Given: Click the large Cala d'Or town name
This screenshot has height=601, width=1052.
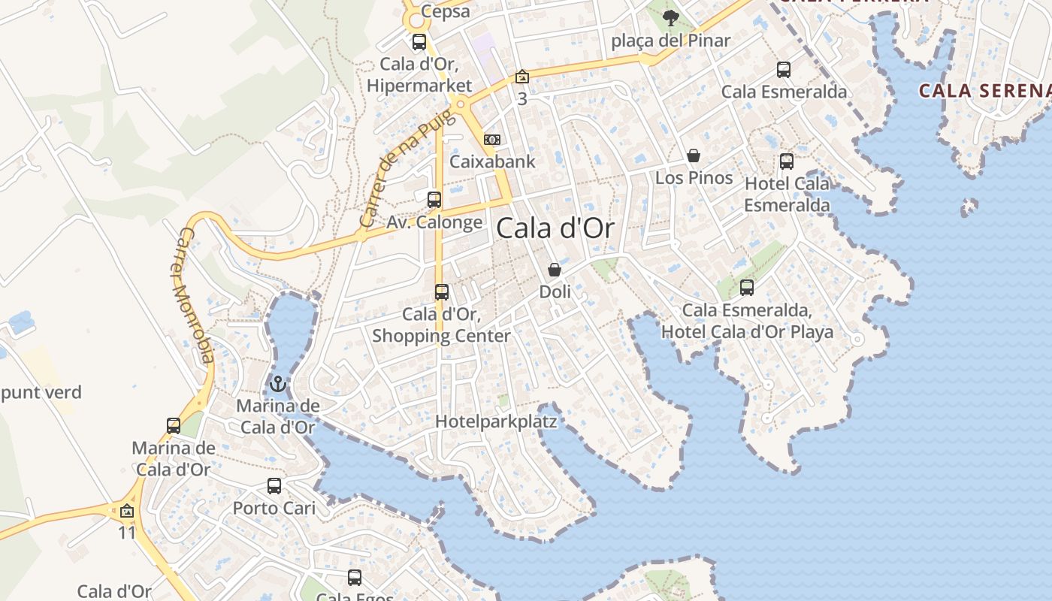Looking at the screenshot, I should (555, 228).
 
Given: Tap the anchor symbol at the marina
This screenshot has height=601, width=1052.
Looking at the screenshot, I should (279, 384).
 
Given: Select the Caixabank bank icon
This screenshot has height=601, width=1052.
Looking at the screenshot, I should (492, 140).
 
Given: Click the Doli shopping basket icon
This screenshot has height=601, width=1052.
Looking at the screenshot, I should (555, 270).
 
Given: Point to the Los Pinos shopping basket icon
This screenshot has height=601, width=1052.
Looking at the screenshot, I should (694, 156).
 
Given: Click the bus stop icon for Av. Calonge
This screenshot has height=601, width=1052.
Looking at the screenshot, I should (434, 200).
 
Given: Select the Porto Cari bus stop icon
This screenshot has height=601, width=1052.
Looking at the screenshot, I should (274, 486).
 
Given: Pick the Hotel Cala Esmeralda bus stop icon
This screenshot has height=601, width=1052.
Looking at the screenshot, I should (787, 162).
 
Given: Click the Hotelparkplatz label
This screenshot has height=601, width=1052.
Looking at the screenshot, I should (496, 421).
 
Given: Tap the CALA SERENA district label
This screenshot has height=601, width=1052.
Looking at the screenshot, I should (985, 91).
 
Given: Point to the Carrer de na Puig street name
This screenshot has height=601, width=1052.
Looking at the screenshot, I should (407, 168).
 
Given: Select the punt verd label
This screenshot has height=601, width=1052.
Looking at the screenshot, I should (41, 392).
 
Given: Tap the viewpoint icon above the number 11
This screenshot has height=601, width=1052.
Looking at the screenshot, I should (127, 512).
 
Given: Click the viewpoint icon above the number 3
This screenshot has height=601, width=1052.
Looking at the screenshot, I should (522, 77).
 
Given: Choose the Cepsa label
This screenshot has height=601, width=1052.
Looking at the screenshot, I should (446, 11).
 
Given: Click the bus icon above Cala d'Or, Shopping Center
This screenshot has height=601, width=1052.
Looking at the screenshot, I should (442, 292).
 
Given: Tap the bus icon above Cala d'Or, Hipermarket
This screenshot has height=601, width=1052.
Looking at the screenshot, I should (419, 42).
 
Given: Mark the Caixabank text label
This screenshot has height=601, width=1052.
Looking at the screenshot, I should (492, 162).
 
